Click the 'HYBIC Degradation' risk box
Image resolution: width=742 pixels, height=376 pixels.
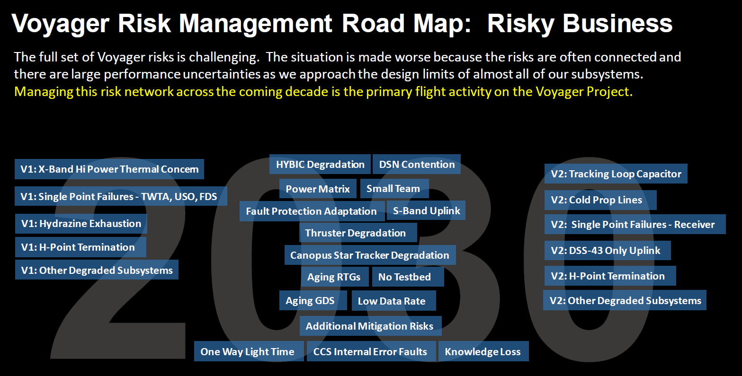pyautogui.click(x=320, y=164)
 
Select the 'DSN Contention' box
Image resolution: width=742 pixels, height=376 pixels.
pyautogui.click(x=417, y=164)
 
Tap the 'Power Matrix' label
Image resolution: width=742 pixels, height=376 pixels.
pyautogui.click(x=318, y=189)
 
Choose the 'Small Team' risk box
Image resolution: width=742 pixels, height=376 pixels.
pyautogui.click(x=394, y=188)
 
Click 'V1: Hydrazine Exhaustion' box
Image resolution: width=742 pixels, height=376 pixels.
pyautogui.click(x=81, y=223)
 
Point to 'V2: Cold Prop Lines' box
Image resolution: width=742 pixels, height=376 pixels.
pyautogui.click(x=600, y=200)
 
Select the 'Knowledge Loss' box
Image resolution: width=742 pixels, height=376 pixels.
pyautogui.click(x=483, y=351)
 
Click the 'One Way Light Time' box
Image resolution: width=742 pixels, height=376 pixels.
pyautogui.click(x=249, y=351)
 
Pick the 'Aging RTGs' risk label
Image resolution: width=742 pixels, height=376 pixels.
pyautogui.click(x=335, y=277)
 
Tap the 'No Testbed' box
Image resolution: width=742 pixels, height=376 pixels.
pyautogui.click(x=408, y=277)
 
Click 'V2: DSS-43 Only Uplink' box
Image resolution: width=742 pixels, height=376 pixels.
pyautogui.click(x=608, y=251)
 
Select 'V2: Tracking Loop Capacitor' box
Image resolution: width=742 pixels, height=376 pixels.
pyautogui.click(x=616, y=174)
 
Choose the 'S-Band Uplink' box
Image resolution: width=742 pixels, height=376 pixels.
pyautogui.click(x=426, y=210)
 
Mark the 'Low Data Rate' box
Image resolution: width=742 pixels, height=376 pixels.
pyautogui.click(x=393, y=300)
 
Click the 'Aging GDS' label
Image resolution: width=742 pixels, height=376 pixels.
pyautogui.click(x=313, y=300)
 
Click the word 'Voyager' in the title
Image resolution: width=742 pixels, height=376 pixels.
pyautogui.click(x=60, y=24)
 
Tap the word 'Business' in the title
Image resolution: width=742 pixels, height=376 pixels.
pyautogui.click(x=617, y=23)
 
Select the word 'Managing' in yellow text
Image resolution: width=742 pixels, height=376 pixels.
pyautogui.click(x=44, y=92)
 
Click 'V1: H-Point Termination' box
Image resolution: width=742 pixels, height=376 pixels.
pyautogui.click(x=80, y=247)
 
